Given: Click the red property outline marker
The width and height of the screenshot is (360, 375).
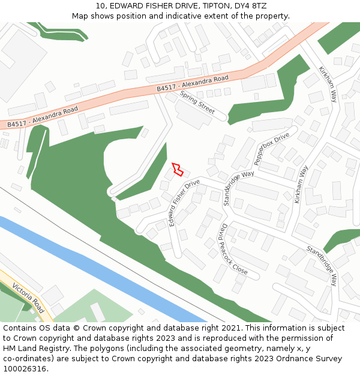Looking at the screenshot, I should pyautogui.click(x=177, y=169).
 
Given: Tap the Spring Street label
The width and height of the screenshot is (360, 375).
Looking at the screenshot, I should pyautogui.click(x=197, y=103).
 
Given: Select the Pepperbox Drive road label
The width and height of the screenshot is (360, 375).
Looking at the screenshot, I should pyautogui.click(x=271, y=149).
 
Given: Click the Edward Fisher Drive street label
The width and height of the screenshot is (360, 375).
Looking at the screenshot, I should pyautogui.click(x=184, y=202).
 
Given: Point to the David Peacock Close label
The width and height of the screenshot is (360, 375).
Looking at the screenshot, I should pyautogui.click(x=233, y=249).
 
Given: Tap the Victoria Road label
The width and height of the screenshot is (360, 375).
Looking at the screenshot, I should pyautogui.click(x=28, y=298).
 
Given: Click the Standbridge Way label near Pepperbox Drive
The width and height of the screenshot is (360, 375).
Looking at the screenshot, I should pyautogui.click(x=239, y=188).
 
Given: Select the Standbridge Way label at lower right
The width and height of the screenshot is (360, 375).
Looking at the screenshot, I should pyautogui.click(x=322, y=265).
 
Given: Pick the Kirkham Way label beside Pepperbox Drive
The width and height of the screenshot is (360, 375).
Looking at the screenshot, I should pyautogui.click(x=301, y=184).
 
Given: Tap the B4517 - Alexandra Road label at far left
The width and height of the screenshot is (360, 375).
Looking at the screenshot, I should pyautogui.click(x=43, y=116).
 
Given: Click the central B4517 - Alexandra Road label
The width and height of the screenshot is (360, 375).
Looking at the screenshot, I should pyautogui.click(x=193, y=83).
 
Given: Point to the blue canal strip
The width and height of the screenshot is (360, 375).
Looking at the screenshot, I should pyautogui.click(x=90, y=264).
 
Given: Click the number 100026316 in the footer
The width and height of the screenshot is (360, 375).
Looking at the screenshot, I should pyautogui.click(x=26, y=368).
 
